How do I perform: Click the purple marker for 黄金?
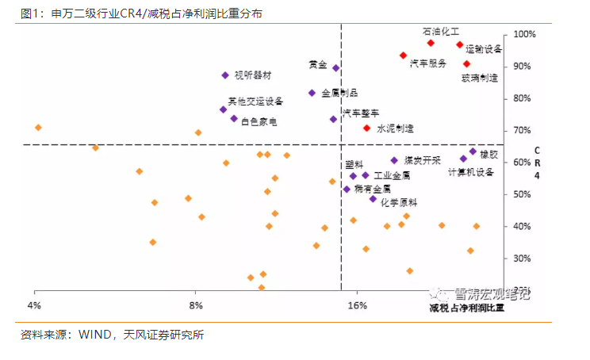point(336,68)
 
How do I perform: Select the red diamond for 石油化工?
point(431,43)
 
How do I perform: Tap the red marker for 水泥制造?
point(366,128)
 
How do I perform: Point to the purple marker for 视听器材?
point(225,75)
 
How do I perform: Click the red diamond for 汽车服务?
point(403,56)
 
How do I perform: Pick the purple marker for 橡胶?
point(473,151)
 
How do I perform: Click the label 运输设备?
point(484,49)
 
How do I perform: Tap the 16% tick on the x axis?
point(358,305)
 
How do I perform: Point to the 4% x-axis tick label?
point(34,305)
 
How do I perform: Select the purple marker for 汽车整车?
point(334,119)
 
